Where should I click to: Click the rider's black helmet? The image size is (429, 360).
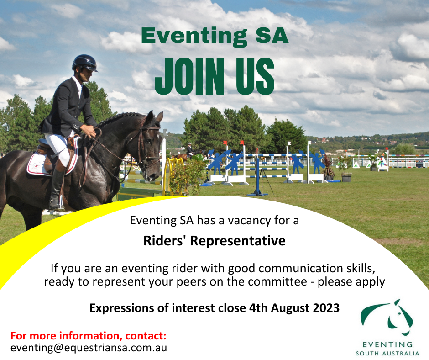84,63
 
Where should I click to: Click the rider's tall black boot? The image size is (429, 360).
56,189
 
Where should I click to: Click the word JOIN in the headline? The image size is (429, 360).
189,76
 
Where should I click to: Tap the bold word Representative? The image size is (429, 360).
238,241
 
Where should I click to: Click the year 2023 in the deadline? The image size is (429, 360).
326,308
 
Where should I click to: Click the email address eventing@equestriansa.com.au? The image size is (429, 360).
89,348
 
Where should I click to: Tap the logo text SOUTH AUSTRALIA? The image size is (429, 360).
387,354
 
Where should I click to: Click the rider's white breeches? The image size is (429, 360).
59,149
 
